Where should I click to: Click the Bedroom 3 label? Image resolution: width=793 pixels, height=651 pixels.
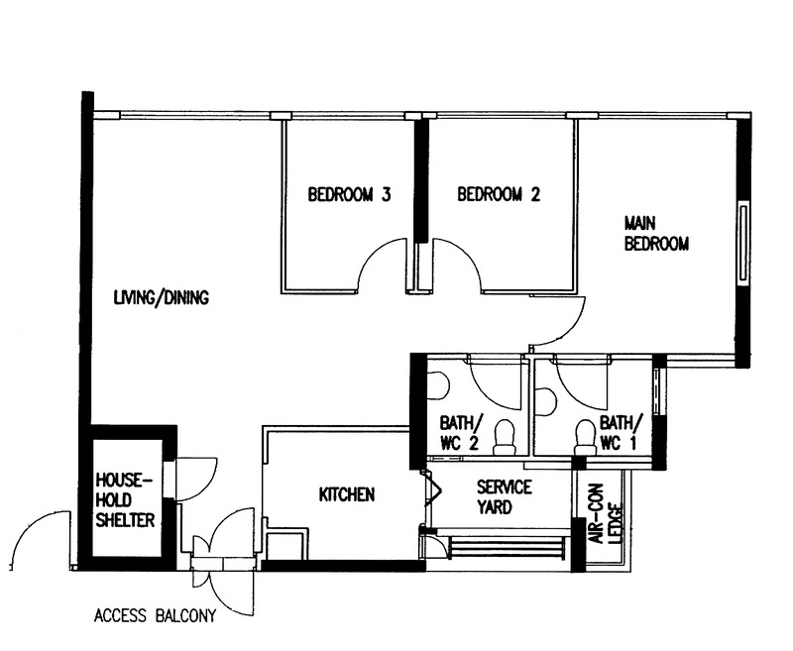[350, 194]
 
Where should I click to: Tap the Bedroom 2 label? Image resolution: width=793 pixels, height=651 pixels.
[499, 194]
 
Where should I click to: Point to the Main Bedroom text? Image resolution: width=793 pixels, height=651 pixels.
[656, 234]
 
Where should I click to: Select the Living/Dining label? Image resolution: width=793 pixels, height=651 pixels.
[162, 297]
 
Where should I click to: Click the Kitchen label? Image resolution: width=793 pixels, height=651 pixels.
[347, 494]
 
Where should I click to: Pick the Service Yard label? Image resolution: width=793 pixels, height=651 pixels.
[505, 496]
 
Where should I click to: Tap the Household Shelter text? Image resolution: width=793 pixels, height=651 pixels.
[125, 499]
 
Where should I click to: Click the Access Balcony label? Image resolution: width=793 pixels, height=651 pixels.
[155, 616]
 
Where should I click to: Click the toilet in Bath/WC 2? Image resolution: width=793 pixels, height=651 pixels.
[504, 436]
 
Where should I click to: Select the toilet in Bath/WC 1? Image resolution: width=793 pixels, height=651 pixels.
[585, 436]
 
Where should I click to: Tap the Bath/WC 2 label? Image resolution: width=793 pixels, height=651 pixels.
[460, 433]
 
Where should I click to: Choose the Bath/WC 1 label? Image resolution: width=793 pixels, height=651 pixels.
[621, 433]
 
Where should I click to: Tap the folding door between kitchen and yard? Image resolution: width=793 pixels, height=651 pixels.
[431, 489]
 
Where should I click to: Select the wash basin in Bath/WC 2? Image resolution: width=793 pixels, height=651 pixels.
[438, 385]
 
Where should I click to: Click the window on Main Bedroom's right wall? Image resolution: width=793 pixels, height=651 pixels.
[742, 242]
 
